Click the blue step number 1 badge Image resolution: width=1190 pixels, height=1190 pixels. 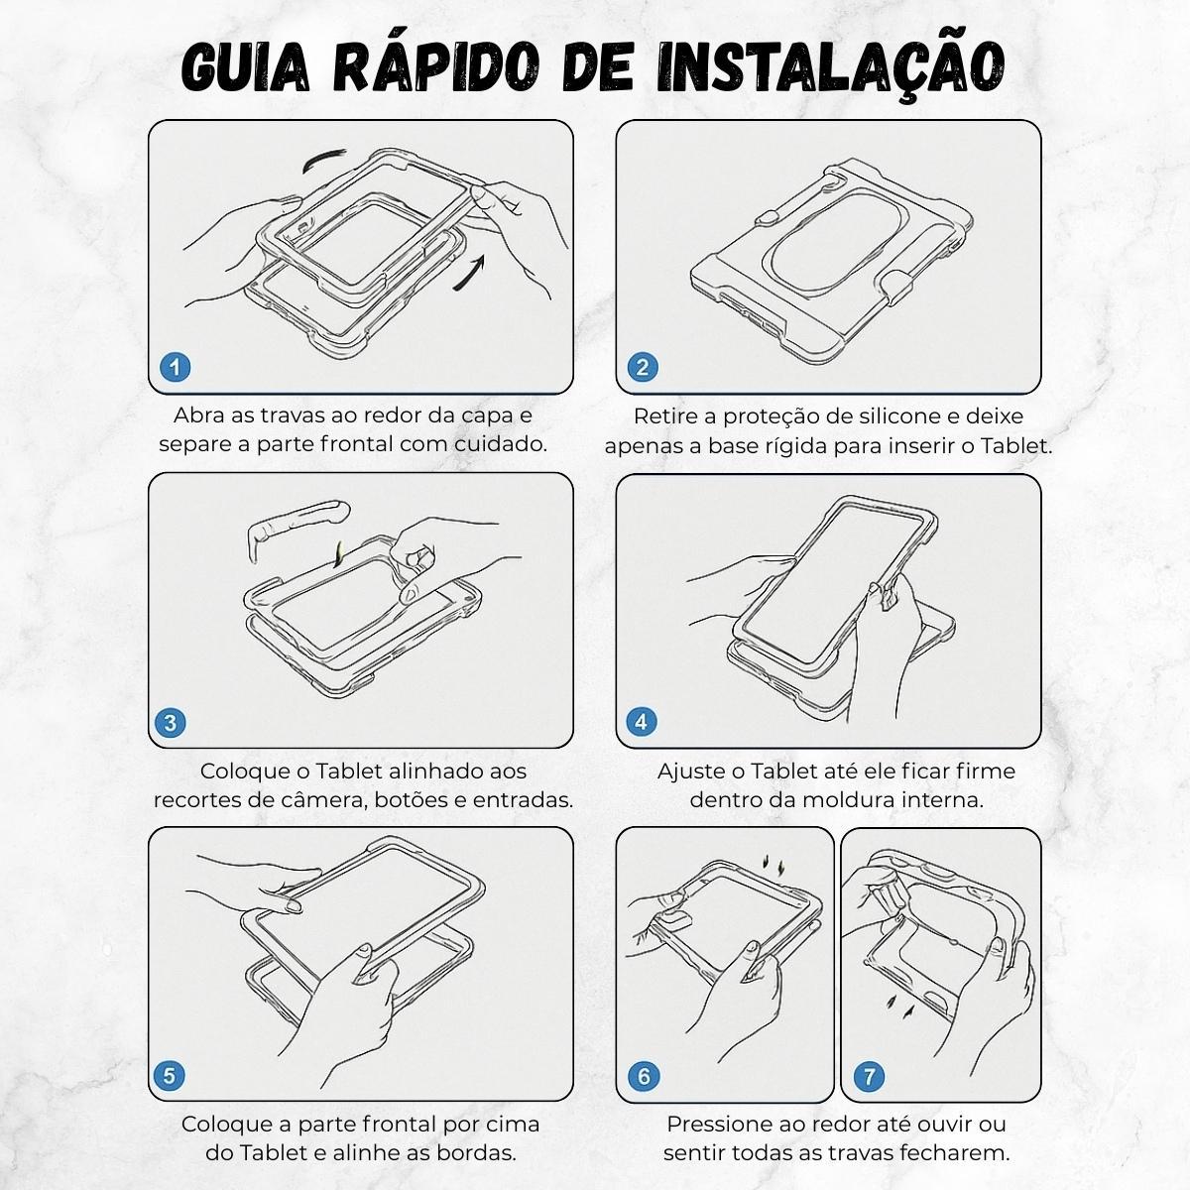(175, 367)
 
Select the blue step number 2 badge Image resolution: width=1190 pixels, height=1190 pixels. (643, 367)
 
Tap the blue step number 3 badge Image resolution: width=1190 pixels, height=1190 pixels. (171, 723)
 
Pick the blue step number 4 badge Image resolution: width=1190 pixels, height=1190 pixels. (641, 721)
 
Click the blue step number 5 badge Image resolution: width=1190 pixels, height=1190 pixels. (170, 1076)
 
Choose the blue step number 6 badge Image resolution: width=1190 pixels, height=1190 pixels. (644, 1076)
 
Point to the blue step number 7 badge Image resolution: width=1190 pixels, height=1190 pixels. (870, 1076)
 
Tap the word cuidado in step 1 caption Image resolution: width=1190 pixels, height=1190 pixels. (500, 443)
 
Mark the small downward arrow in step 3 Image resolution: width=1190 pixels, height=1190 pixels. (337, 554)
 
